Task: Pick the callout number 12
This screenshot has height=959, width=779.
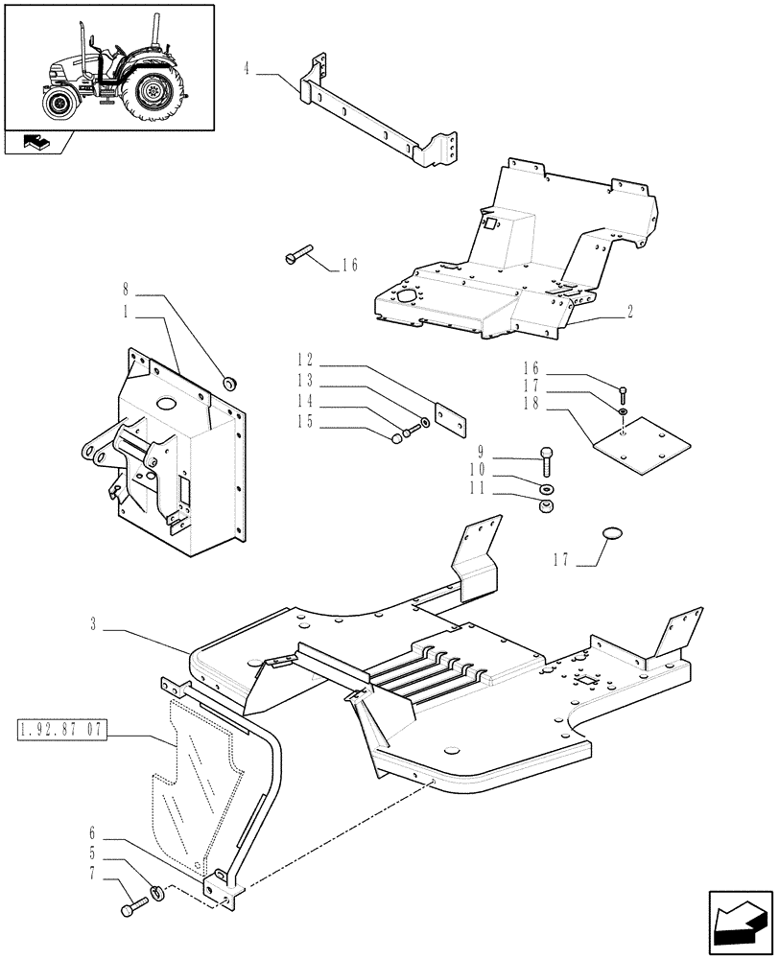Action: [x=304, y=362]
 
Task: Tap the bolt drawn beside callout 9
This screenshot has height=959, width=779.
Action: [x=547, y=461]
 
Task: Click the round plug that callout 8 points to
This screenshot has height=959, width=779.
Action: [x=230, y=384]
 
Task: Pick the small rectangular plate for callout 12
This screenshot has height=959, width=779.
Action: [x=449, y=414]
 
